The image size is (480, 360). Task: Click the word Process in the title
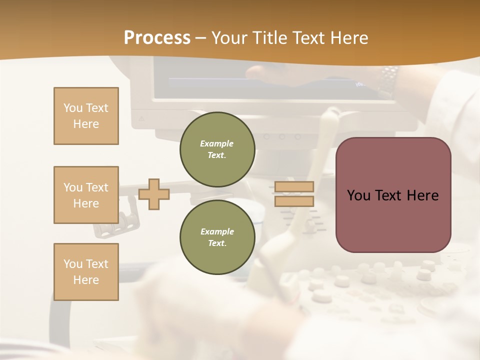(157, 38)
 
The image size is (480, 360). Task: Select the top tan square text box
(86, 116)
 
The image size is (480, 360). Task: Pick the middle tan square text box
(86, 195)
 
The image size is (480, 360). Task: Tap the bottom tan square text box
(86, 272)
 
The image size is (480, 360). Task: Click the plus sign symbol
(154, 194)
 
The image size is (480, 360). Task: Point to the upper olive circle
(217, 149)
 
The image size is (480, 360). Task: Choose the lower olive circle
(217, 237)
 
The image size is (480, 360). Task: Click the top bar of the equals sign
(294, 187)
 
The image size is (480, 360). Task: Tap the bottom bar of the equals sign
(294, 201)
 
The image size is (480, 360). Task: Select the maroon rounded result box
(393, 195)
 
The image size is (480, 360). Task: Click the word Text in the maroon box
(388, 195)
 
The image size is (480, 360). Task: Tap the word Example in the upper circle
(217, 143)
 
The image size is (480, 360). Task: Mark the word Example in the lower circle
(217, 231)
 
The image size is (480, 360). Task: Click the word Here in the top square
(86, 124)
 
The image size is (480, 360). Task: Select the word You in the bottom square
(73, 264)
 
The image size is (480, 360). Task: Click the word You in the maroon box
(358, 195)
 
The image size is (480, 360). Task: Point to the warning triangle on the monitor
(141, 119)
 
